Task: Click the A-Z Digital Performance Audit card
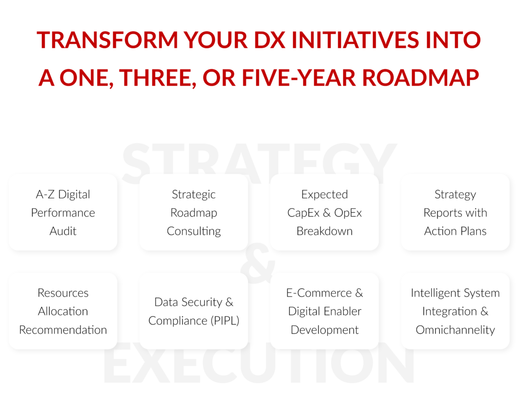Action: click(63, 213)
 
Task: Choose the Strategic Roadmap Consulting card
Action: click(194, 213)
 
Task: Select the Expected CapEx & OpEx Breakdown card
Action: click(324, 213)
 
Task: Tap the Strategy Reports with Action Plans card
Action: click(455, 213)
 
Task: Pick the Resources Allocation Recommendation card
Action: click(63, 311)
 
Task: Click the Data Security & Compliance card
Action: click(194, 311)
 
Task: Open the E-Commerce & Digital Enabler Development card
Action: click(324, 311)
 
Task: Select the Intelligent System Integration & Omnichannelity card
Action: click(455, 311)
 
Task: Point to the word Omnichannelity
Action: click(455, 330)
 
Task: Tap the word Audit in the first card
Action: click(63, 231)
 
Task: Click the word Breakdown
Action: click(324, 231)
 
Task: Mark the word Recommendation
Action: click(63, 330)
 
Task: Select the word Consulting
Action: click(194, 231)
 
